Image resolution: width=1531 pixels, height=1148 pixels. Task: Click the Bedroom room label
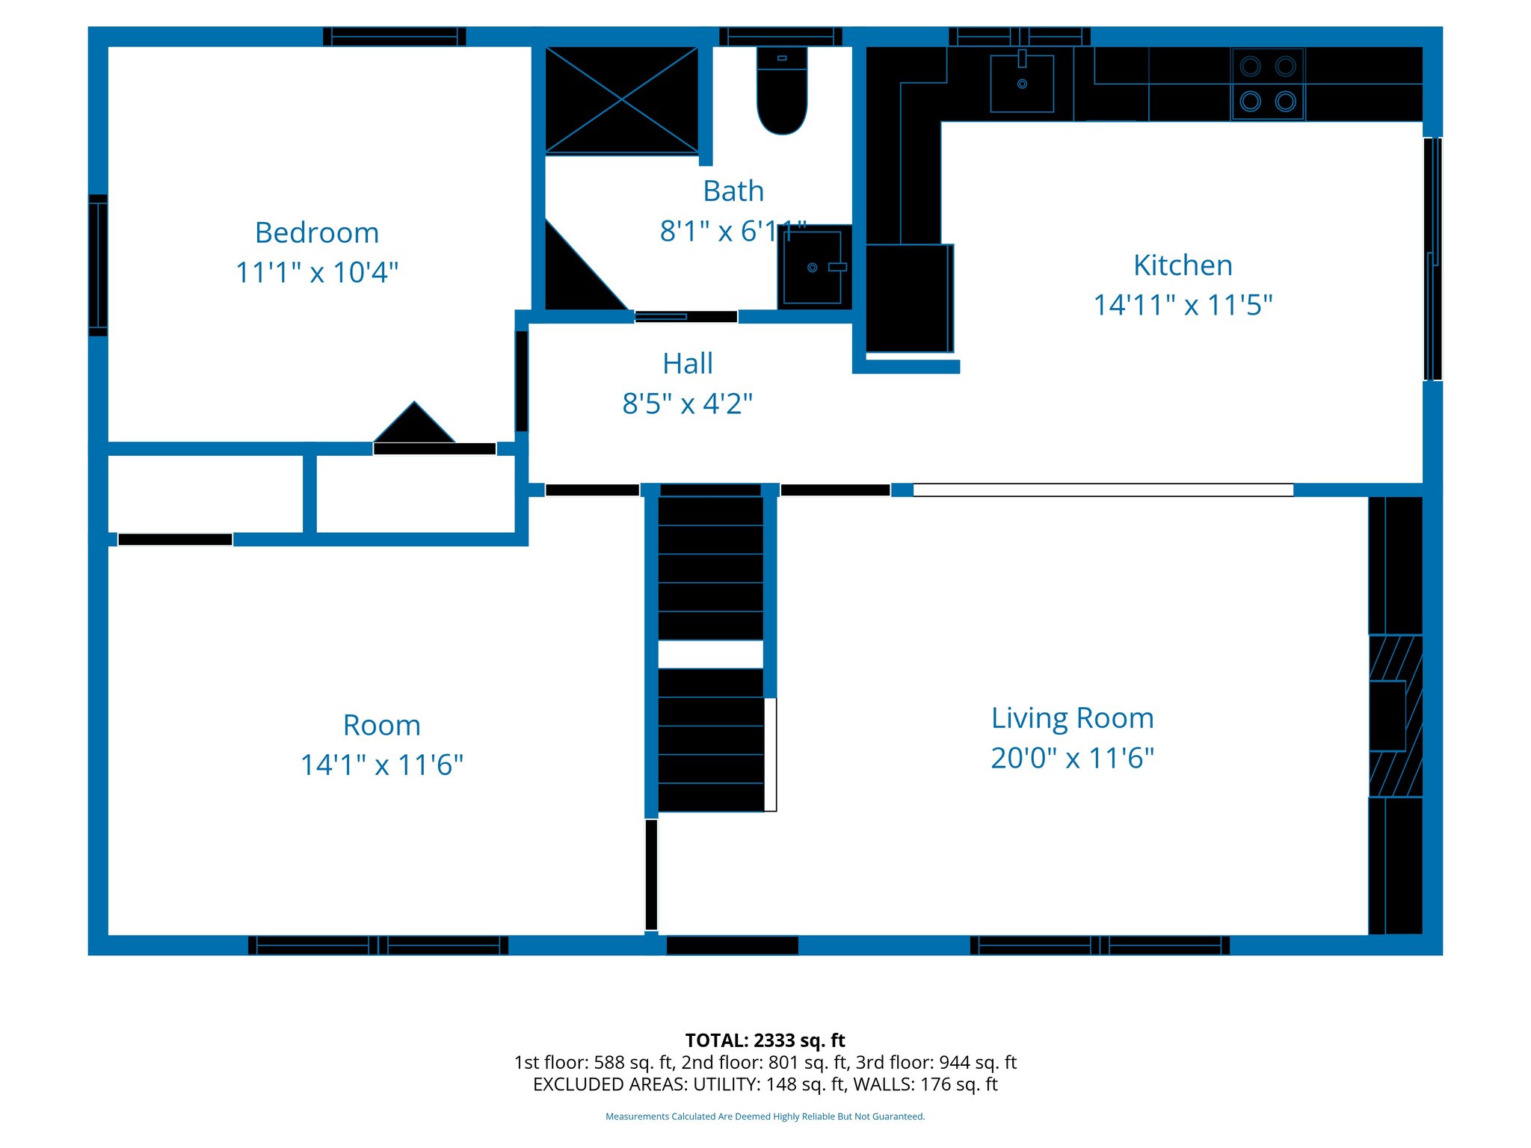(316, 232)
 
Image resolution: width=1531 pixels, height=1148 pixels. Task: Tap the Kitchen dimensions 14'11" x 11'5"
(1182, 305)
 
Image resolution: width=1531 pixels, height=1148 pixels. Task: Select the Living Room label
(1072, 717)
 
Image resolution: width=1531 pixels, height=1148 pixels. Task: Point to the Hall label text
(687, 363)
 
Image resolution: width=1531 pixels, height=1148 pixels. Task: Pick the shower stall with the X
(621, 99)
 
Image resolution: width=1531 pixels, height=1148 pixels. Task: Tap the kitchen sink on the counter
(1021, 83)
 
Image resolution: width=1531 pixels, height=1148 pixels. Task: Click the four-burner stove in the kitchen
(1267, 84)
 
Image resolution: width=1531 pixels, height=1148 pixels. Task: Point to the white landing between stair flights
(710, 654)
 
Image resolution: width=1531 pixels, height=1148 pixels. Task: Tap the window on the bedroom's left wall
(98, 265)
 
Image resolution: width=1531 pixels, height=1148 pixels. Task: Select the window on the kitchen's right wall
(1432, 259)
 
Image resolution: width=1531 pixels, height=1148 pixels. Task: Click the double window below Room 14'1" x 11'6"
(378, 945)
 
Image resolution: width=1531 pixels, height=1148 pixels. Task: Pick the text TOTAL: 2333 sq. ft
(765, 1040)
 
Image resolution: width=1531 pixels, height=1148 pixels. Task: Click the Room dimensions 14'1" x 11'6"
(381, 765)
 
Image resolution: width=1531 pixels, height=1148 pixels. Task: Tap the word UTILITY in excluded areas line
(724, 1084)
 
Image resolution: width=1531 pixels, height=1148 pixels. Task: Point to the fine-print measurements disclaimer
(765, 1117)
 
